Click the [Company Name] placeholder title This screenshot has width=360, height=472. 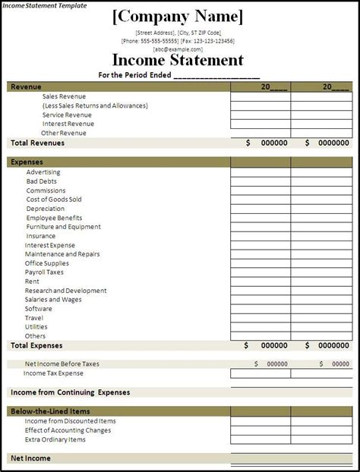(x=178, y=17)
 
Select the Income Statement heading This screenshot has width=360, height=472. (x=178, y=60)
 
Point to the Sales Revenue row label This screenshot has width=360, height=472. (x=64, y=96)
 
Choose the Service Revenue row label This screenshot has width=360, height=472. (x=67, y=115)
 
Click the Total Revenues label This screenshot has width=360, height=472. (x=37, y=143)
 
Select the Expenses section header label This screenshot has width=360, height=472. (x=27, y=162)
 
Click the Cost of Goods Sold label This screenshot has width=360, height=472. (x=54, y=200)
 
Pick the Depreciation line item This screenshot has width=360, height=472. (x=46, y=209)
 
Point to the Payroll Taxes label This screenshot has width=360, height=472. (x=44, y=272)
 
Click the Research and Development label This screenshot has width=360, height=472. (x=65, y=291)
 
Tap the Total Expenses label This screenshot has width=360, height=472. (x=36, y=345)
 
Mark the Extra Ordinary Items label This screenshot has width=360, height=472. (x=55, y=439)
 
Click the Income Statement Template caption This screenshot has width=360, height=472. (x=43, y=5)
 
